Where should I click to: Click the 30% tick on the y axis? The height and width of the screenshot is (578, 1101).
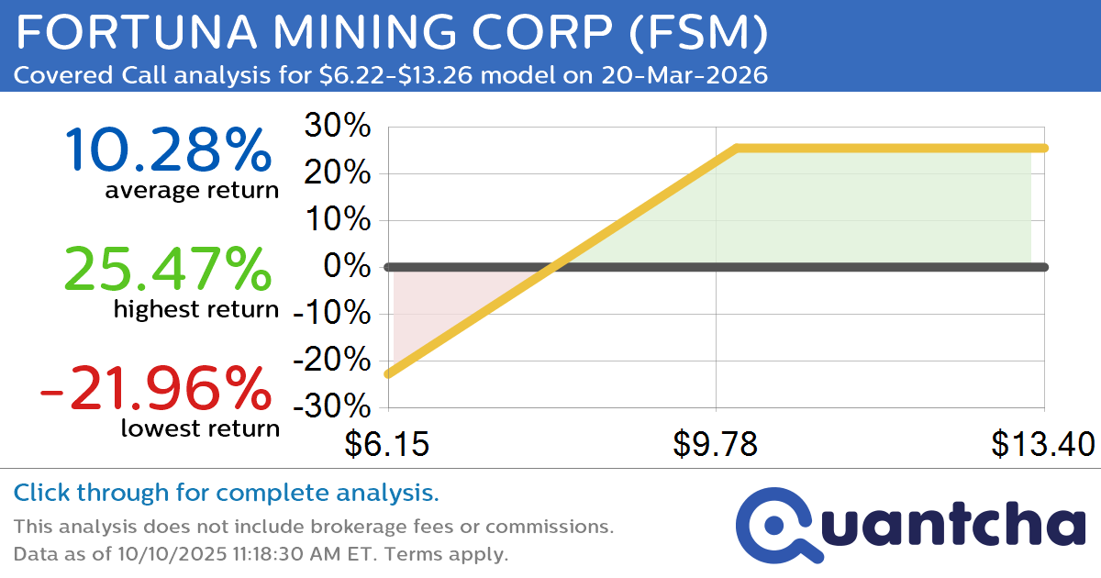(x=337, y=127)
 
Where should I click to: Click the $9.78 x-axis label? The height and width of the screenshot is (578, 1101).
(x=715, y=444)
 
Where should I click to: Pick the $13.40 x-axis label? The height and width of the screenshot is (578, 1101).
(x=1042, y=444)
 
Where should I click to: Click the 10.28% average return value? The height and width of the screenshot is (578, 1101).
(x=169, y=150)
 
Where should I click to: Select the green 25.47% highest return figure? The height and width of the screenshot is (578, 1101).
(x=169, y=270)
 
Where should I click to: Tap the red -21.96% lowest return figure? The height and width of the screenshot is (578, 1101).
(x=156, y=388)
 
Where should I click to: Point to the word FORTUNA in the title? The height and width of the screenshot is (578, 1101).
(x=106, y=35)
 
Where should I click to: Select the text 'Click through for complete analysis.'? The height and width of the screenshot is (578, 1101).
(x=227, y=494)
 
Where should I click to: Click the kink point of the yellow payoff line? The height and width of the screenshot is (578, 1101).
(x=737, y=148)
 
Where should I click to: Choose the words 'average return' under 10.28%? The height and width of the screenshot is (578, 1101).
(x=191, y=191)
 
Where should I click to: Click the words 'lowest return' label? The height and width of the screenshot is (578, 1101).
(x=200, y=428)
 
